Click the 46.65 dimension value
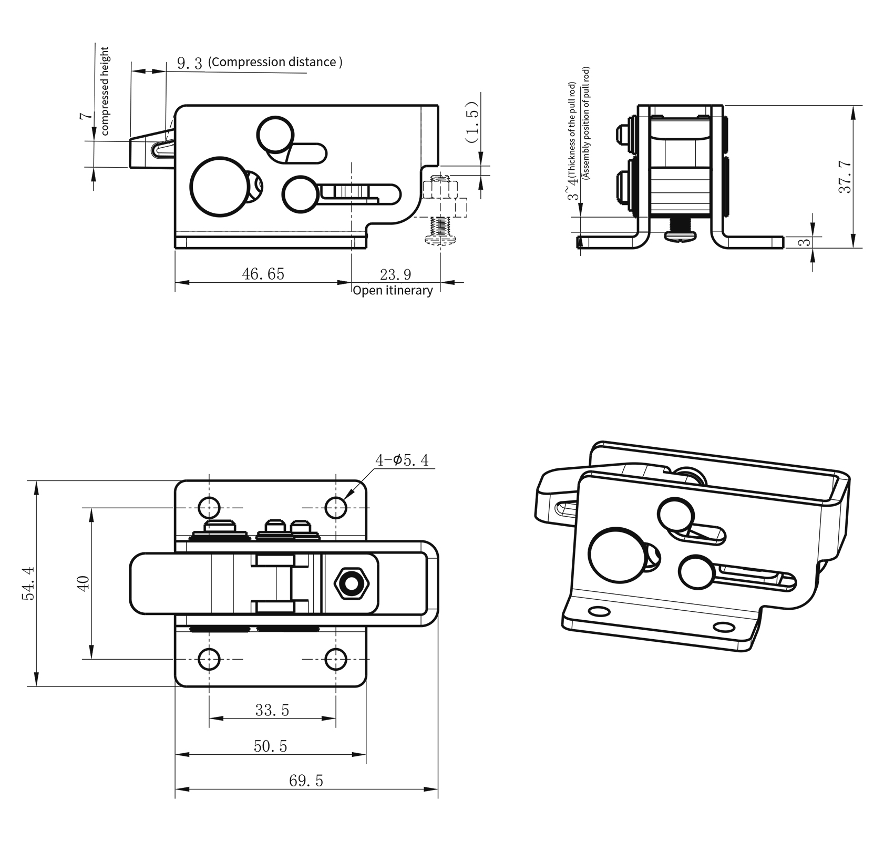[x=263, y=274]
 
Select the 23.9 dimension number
[x=395, y=274]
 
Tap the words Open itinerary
[x=393, y=290]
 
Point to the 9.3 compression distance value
[x=190, y=64]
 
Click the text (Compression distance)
[x=275, y=62]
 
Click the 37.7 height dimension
[x=845, y=177]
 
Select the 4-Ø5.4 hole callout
[x=402, y=460]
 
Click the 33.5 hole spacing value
[x=272, y=711]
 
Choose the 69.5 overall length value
[x=306, y=781]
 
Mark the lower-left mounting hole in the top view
[x=209, y=659]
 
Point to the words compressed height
[x=104, y=91]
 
